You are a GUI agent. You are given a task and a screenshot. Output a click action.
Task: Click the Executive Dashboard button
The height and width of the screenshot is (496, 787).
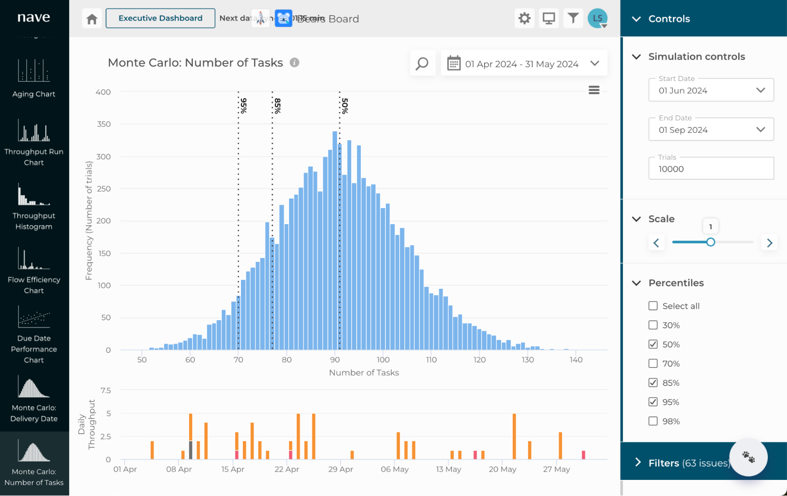tap(160, 18)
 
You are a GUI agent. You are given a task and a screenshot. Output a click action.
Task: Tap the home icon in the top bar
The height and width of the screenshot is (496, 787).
tap(92, 18)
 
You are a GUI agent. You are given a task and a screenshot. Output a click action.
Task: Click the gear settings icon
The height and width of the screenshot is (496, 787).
tap(524, 18)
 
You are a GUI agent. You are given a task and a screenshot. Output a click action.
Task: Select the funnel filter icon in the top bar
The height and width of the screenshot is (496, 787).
tap(573, 18)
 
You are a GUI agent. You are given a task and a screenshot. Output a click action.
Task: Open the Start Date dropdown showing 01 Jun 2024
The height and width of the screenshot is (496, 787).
tap(711, 90)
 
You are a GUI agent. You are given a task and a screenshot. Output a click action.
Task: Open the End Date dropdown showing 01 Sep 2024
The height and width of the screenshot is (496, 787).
tap(711, 130)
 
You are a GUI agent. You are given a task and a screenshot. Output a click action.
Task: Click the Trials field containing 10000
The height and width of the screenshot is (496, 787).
tap(711, 169)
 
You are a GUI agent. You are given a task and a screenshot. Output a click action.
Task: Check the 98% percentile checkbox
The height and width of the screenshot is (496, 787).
tap(653, 421)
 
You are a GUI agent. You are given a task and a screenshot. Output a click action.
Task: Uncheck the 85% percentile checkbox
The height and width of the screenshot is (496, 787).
tap(653, 383)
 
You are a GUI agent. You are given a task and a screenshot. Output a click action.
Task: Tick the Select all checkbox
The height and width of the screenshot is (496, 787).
tap(653, 306)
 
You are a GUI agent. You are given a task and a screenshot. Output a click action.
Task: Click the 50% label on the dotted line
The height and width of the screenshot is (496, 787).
tap(345, 106)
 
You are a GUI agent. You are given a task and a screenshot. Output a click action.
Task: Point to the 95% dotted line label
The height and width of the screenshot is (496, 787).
tap(244, 106)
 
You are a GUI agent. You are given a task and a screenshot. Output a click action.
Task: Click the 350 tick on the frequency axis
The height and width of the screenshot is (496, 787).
tap(104, 124)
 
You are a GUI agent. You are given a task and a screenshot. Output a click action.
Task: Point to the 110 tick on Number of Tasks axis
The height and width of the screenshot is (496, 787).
tap(431, 360)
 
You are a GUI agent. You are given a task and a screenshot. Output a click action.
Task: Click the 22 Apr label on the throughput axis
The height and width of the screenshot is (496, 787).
tap(287, 469)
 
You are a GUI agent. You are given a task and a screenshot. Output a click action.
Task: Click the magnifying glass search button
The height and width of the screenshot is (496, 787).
tap(422, 63)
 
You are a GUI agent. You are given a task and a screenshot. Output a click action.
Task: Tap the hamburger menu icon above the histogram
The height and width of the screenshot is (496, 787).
tap(594, 90)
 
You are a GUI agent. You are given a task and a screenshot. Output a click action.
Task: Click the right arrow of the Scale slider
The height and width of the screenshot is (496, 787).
tap(769, 243)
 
